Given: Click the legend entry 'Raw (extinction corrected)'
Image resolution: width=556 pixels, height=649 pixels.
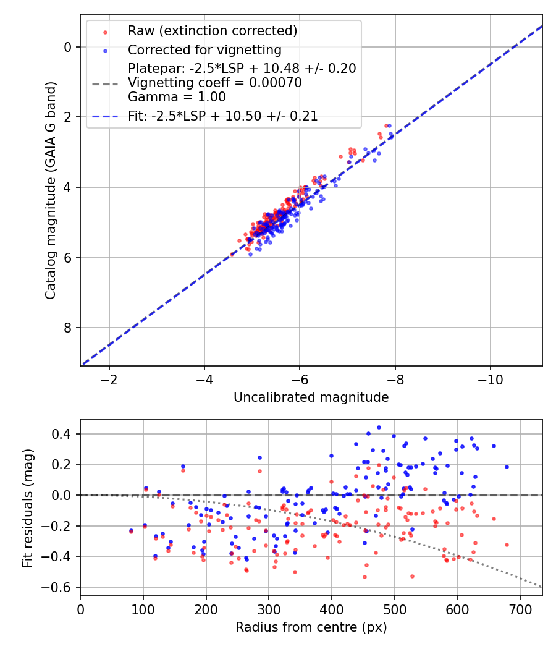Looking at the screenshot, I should pyautogui.click(x=213, y=30).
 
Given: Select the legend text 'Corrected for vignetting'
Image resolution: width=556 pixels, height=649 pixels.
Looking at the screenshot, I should pyautogui.click(x=204, y=49).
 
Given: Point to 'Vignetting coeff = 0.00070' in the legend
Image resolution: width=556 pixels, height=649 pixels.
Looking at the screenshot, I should pyautogui.click(x=214, y=83).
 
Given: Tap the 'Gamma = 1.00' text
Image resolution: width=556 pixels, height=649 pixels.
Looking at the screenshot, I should pyautogui.click(x=177, y=97).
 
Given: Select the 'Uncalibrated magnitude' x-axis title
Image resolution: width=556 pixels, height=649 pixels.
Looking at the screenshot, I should pyautogui.click(x=311, y=397).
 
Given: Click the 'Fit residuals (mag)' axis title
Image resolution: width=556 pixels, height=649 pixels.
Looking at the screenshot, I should pyautogui.click(x=27, y=507).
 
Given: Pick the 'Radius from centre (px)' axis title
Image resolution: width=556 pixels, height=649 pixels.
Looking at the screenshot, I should pyautogui.click(x=311, y=627).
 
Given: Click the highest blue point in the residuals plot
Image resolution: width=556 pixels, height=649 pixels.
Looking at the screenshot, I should pyautogui.click(x=379, y=427).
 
